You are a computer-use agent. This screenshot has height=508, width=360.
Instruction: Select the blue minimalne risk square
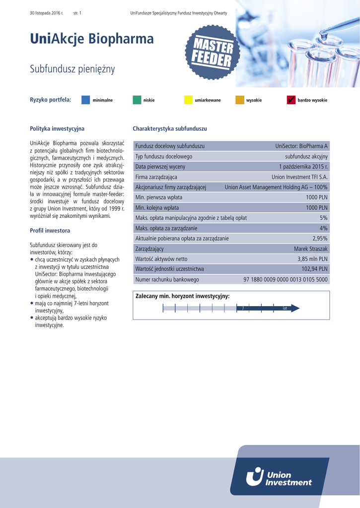coord(85,100)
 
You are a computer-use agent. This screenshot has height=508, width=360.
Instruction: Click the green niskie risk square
coord(137,100)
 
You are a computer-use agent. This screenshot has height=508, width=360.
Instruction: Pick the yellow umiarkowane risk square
coord(188,100)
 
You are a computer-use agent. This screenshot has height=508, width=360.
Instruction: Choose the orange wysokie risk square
coord(240,100)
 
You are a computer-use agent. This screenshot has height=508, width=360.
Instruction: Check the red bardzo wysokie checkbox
coord(291,100)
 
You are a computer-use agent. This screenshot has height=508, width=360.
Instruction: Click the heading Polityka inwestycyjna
coord(57,129)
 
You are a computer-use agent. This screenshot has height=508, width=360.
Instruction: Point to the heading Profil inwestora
coord(50,231)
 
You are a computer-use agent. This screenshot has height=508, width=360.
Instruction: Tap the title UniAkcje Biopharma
coord(92,39)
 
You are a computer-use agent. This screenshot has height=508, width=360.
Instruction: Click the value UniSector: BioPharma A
coord(301,146)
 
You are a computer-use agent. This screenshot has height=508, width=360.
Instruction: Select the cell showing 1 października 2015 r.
coord(303,167)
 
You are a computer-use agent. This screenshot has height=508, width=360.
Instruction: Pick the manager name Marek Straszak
coord(310,249)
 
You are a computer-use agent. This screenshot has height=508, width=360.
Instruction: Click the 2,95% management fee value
coord(319,238)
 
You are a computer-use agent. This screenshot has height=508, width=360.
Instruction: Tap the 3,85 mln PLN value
coord(312,259)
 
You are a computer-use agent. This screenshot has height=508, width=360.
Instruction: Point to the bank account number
coord(286,279)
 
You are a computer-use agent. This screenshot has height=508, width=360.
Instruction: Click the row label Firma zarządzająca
coord(156,177)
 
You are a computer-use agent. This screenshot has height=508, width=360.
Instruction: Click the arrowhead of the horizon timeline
coord(295,308)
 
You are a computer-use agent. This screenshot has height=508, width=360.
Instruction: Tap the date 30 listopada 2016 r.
coord(47,12)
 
